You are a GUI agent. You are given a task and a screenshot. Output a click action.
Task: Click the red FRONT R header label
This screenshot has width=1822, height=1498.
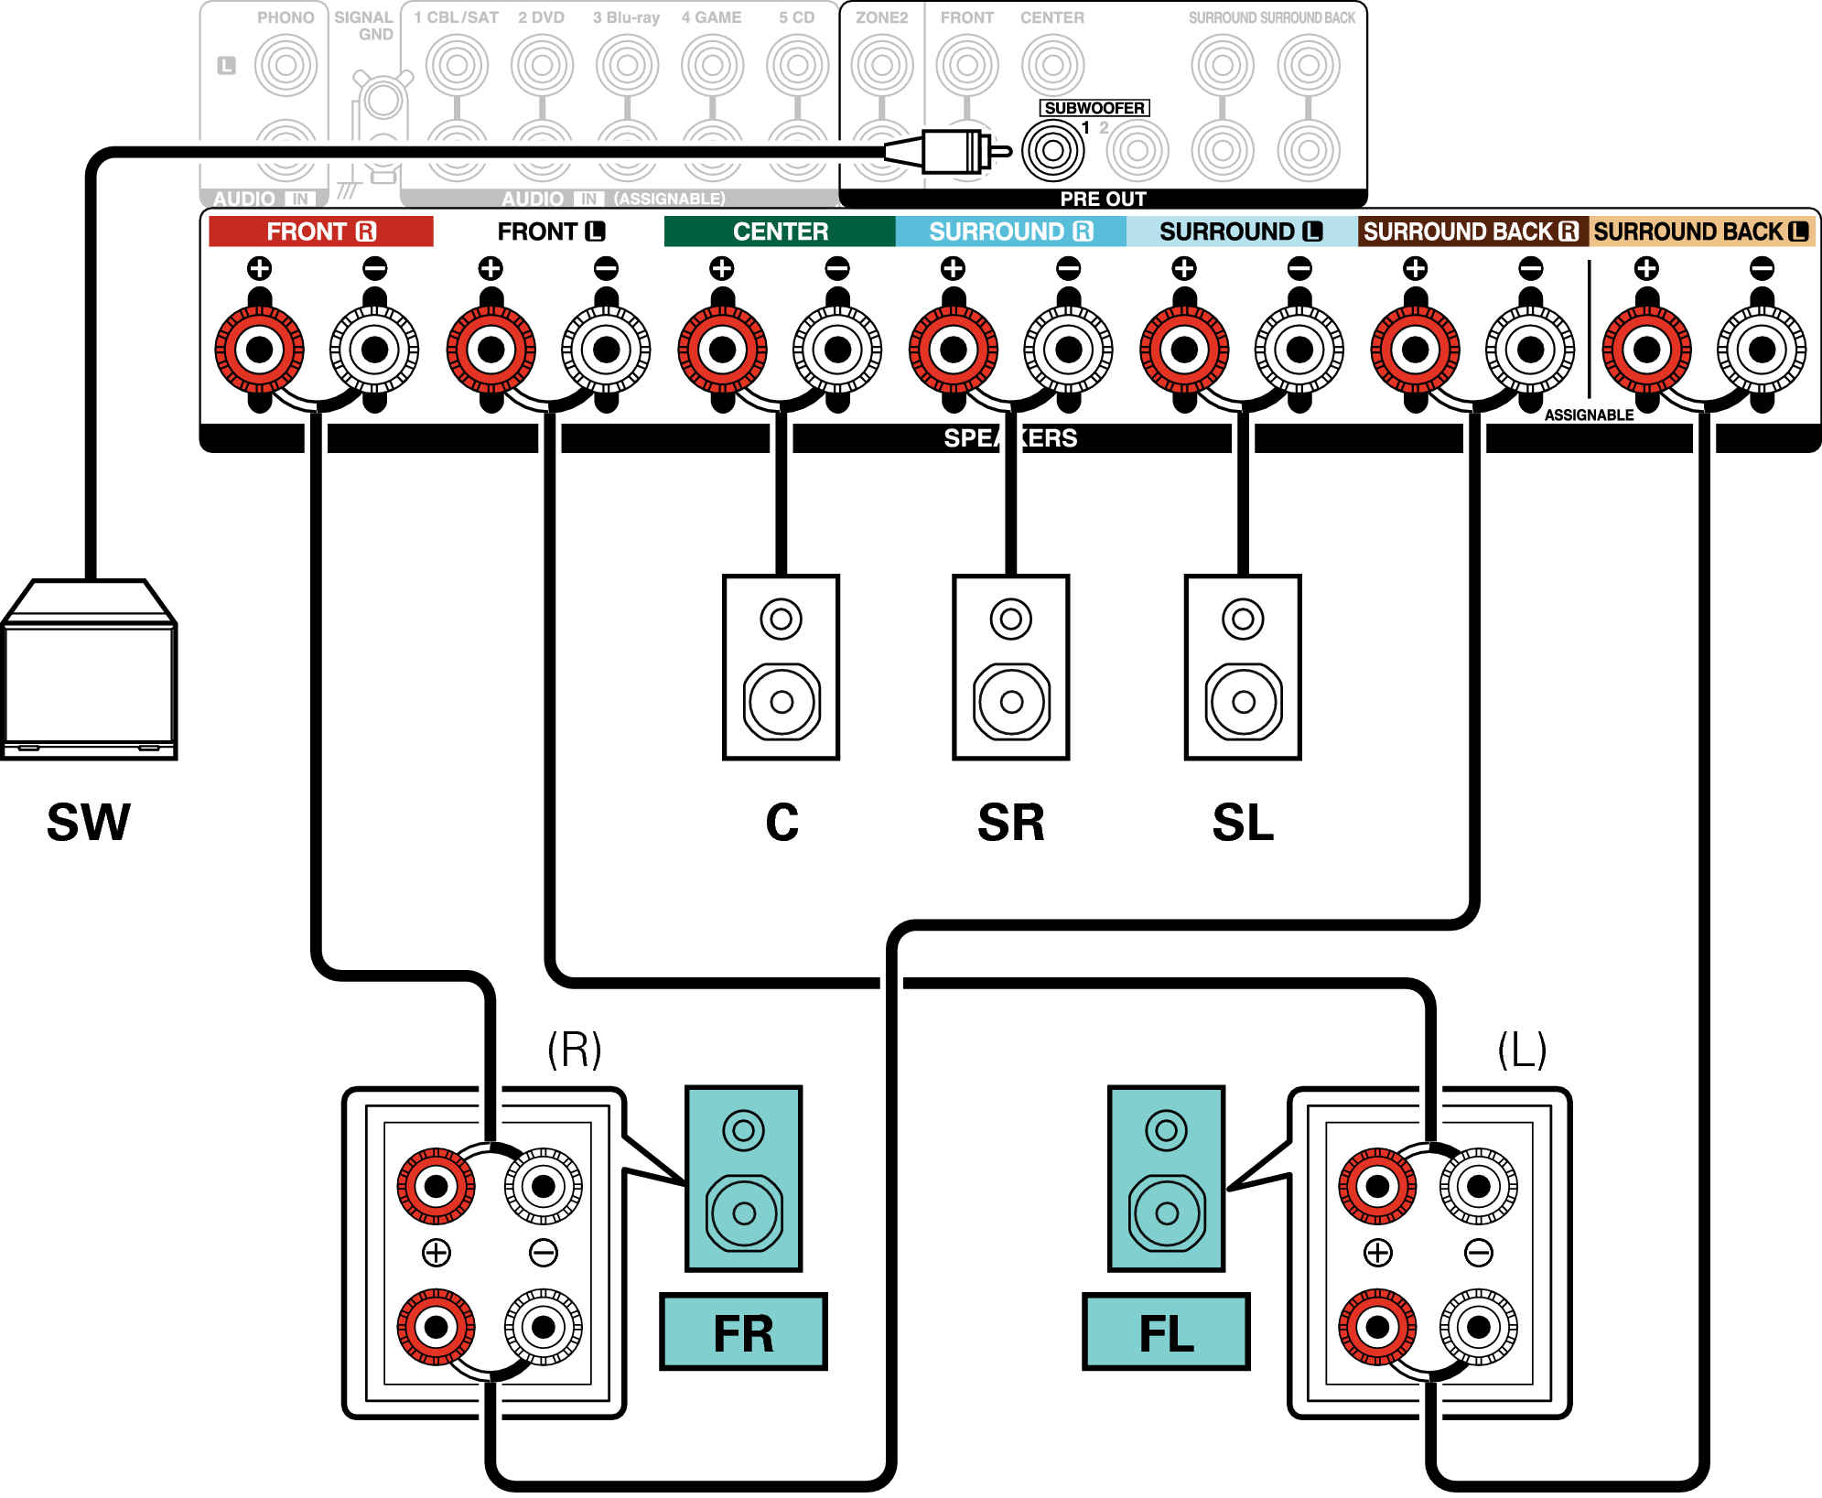pos(320,232)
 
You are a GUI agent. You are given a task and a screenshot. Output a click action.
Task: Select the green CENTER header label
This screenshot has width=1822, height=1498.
pos(780,232)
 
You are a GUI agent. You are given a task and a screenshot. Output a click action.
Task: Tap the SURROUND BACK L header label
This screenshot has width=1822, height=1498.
pos(1700,232)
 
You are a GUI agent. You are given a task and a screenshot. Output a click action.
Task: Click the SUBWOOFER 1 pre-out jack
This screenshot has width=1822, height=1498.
pos(1052,151)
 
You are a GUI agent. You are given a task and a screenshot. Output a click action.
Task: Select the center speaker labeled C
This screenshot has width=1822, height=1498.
pos(781,667)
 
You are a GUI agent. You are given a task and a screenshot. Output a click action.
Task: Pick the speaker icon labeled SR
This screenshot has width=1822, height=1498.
pos(1010,667)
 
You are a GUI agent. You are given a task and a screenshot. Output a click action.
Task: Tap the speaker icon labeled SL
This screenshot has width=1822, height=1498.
pos(1243,667)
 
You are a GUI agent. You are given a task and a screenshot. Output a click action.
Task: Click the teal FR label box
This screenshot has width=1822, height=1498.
pos(743,1332)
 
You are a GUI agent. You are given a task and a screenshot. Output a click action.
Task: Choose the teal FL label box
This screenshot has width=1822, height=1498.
pos(1166,1332)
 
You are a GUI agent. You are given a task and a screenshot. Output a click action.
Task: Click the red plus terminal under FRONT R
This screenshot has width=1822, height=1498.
pos(260,349)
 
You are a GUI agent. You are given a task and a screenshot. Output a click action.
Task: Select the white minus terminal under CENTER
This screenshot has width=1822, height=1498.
pos(837,349)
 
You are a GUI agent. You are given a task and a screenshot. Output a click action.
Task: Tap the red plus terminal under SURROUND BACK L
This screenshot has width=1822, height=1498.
pos(1646,349)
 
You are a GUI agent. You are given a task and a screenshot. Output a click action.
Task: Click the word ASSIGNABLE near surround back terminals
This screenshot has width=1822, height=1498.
pos(1589,415)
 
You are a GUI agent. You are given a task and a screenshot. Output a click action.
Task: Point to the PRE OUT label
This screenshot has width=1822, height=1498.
pos(1103,199)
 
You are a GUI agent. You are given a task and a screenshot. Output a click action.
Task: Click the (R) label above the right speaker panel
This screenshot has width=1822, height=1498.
pos(574,1050)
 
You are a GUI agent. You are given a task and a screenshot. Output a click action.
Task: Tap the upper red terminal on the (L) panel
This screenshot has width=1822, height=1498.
pos(1377,1186)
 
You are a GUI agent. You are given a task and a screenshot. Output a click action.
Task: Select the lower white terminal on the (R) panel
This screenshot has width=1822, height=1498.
pos(544,1327)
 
